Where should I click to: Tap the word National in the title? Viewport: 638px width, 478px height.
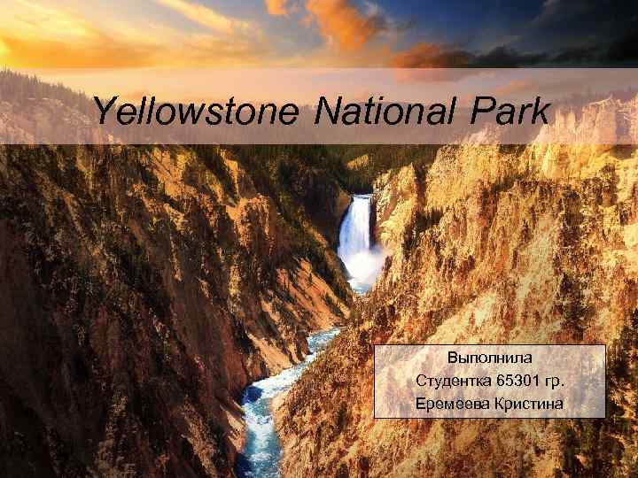click(386, 112)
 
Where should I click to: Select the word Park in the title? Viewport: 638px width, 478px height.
click(511, 112)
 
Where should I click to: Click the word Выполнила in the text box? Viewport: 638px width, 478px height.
click(490, 358)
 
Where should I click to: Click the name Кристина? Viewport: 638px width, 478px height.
click(530, 405)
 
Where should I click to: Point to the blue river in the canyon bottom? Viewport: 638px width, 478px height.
click(261, 416)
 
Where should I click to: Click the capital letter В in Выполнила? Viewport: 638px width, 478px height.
click(453, 358)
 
